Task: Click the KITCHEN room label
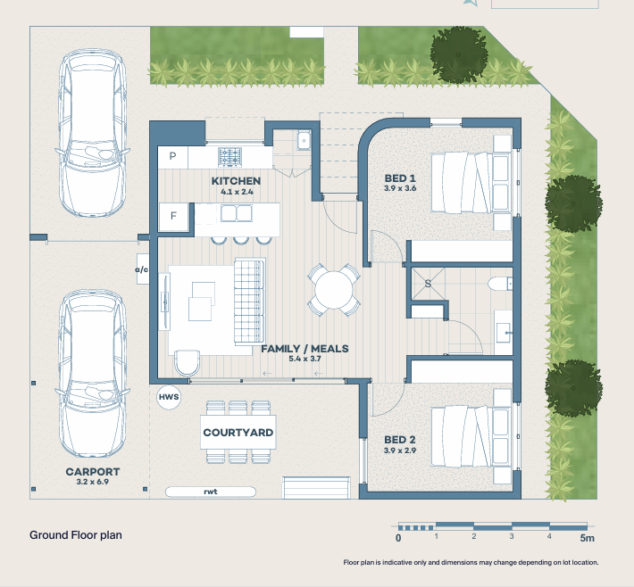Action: click(236, 181)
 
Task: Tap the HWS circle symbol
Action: click(169, 397)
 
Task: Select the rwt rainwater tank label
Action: click(210, 492)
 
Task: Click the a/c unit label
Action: click(141, 269)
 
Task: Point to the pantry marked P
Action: click(172, 156)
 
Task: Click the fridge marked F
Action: click(173, 216)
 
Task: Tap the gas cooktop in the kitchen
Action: click(229, 157)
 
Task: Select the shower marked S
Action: click(428, 284)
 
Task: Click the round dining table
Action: click(334, 290)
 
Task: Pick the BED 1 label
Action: click(400, 178)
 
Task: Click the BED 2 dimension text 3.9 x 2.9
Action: click(400, 451)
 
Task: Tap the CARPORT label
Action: click(93, 472)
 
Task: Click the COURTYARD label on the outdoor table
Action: click(238, 433)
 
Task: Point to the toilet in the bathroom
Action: click(500, 284)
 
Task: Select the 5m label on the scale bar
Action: click(587, 538)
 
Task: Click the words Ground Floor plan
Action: click(76, 535)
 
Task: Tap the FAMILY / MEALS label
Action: click(304, 349)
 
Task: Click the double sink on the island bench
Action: click(236, 213)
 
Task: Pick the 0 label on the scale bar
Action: click(398, 538)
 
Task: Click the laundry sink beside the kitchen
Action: click(303, 141)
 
